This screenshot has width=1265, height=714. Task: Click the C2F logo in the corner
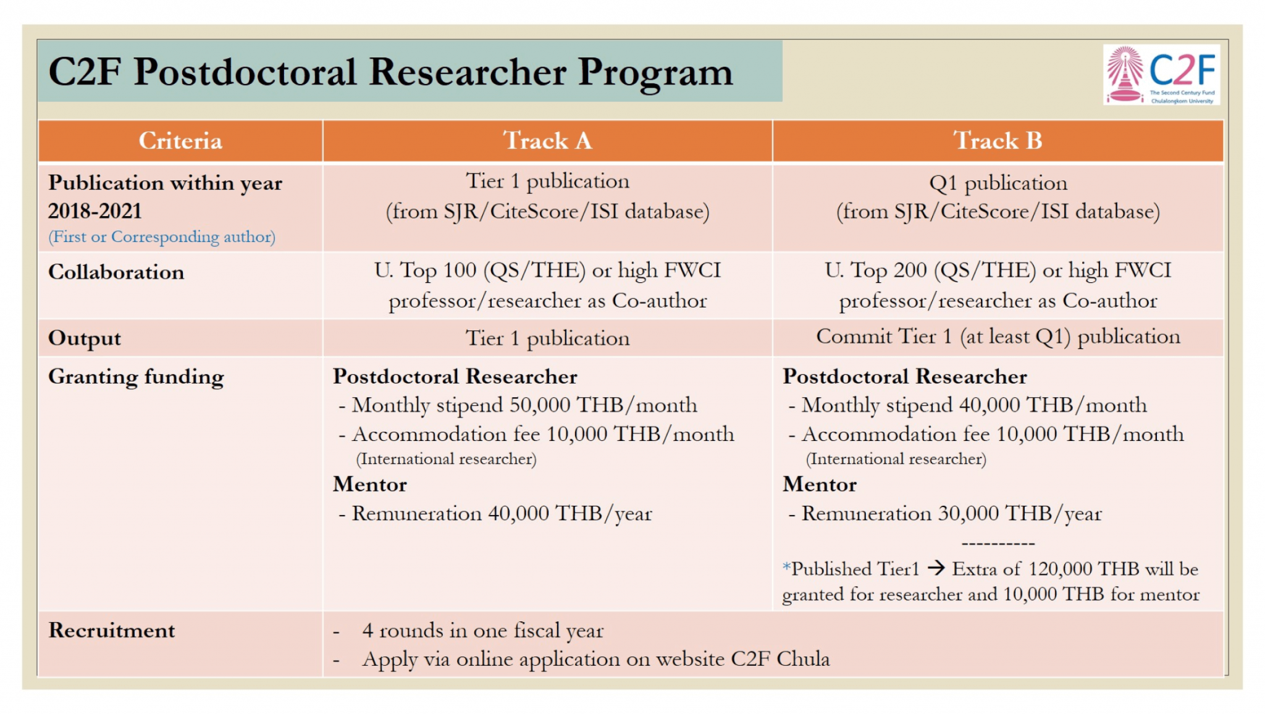point(1161,75)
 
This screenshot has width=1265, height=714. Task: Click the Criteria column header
point(180,141)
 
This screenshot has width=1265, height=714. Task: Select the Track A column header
point(547,141)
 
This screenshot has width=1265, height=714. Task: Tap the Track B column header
point(998,141)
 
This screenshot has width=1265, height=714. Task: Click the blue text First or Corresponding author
point(162,237)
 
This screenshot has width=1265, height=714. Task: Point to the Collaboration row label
point(116,272)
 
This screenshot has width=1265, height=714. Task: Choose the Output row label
point(85,338)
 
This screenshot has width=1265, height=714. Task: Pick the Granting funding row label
point(136,377)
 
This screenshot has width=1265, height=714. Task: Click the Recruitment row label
point(112,631)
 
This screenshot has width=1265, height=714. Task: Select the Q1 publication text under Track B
point(998,183)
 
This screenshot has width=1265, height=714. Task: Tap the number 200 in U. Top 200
point(909,271)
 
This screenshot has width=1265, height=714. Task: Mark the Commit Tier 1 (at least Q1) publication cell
point(998,337)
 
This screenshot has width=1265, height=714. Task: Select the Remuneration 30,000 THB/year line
point(951,514)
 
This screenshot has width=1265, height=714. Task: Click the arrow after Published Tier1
point(936,568)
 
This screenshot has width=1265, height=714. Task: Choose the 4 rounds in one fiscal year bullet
point(482,631)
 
